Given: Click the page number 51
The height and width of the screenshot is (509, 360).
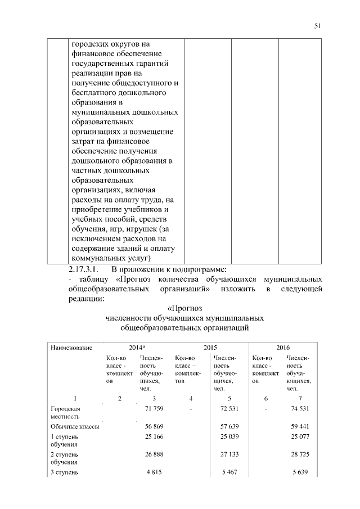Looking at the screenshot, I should click(x=317, y=26).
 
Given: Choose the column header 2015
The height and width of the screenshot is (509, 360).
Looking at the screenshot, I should click(x=210, y=348).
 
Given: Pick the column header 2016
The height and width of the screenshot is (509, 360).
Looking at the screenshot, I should click(x=283, y=348).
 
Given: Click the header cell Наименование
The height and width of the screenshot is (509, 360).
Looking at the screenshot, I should click(x=70, y=348).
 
